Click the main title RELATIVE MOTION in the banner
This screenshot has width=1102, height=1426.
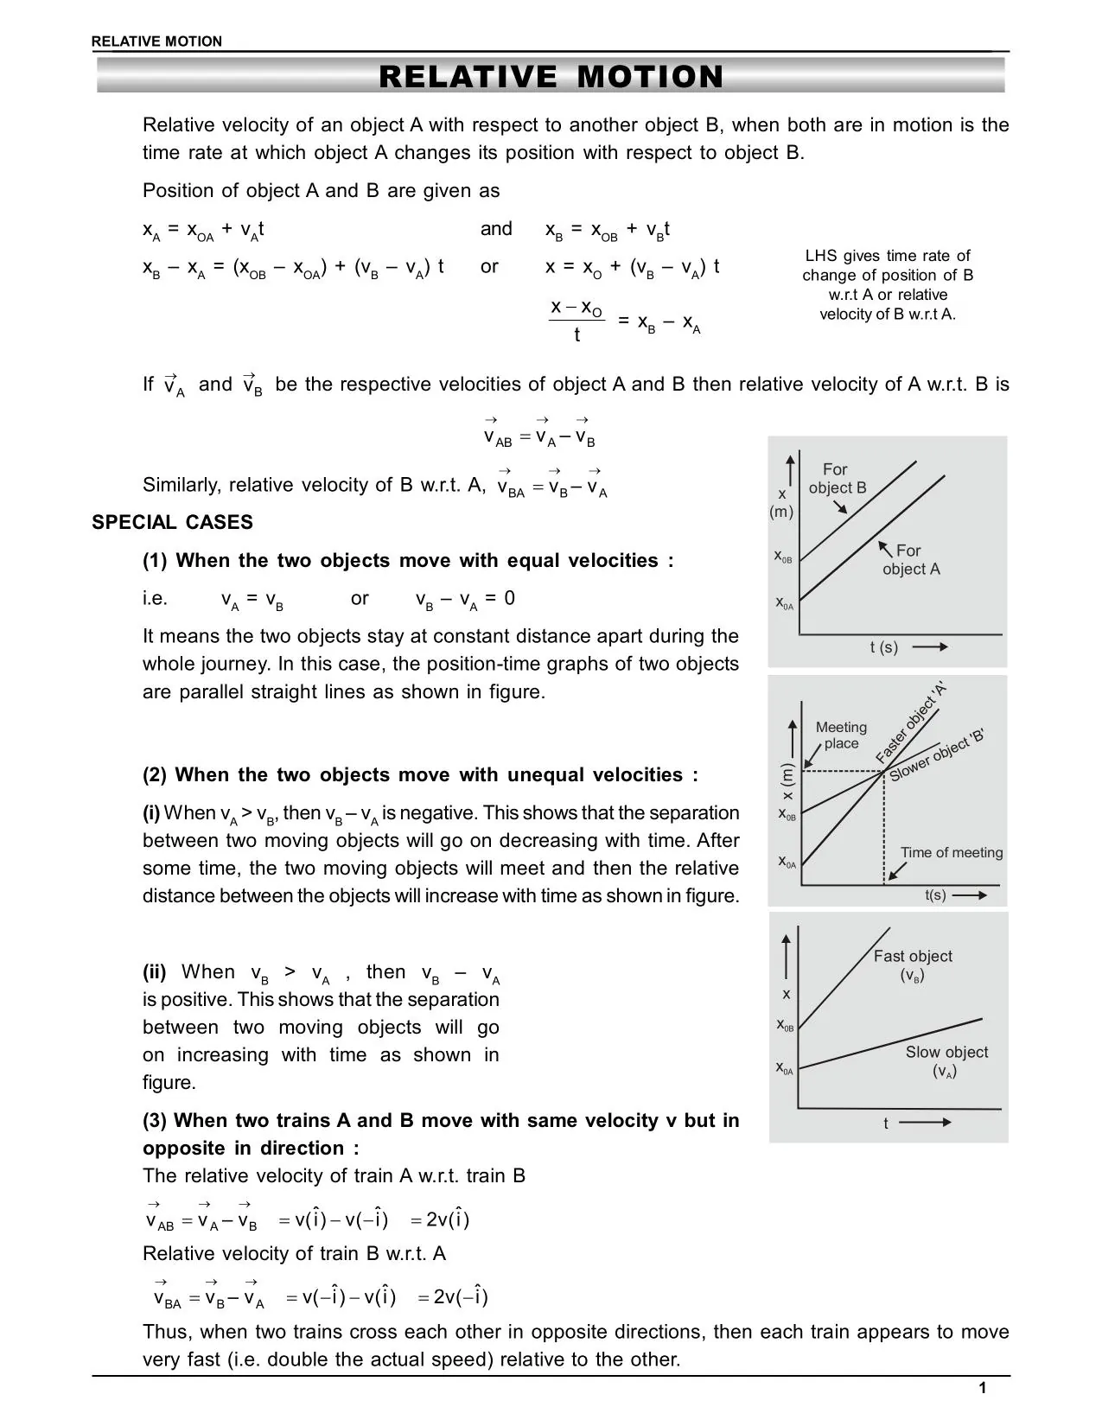[x=551, y=77]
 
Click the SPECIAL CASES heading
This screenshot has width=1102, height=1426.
[x=172, y=522]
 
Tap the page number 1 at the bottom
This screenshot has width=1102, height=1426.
[x=982, y=1389]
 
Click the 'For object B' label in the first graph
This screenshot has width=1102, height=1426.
[x=836, y=479]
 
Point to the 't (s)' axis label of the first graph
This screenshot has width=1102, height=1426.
[x=883, y=647]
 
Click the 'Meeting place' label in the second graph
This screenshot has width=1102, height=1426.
[x=841, y=735]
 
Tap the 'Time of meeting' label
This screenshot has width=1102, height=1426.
[x=951, y=853]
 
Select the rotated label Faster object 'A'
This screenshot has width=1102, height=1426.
[x=911, y=724]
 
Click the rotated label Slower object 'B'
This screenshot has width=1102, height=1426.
[x=937, y=755]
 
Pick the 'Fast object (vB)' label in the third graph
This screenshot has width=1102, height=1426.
[x=912, y=965]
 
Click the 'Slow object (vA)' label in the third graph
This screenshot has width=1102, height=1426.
[x=946, y=1061]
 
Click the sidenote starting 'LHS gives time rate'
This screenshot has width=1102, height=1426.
[x=887, y=285]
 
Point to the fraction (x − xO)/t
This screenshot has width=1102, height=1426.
[x=576, y=321]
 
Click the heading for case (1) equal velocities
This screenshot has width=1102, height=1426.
[x=407, y=561]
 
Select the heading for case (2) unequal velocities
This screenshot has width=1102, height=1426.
[x=420, y=775]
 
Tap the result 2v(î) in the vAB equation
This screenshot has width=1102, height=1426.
[x=447, y=1220]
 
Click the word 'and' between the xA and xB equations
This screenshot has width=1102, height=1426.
[x=496, y=229]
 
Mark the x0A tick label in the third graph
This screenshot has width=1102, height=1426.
[x=784, y=1068]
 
